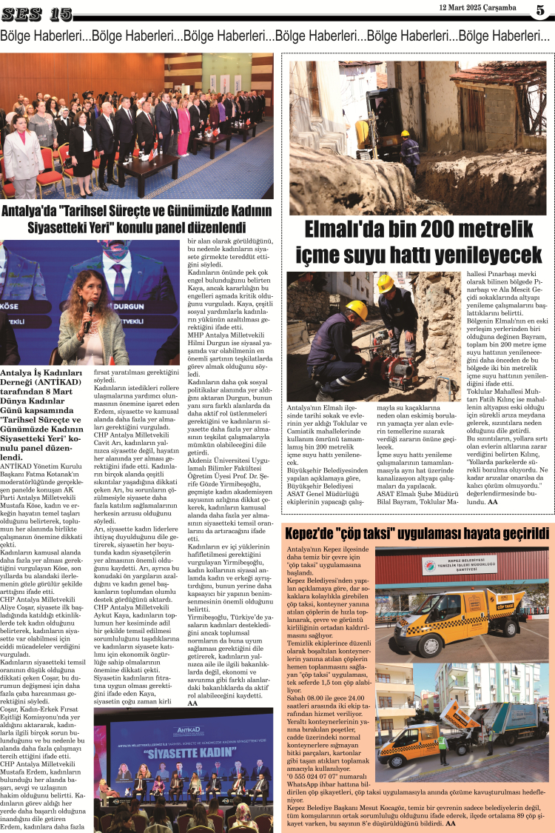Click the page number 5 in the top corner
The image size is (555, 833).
(x=540, y=10)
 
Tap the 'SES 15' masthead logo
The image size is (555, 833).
(x=37, y=13)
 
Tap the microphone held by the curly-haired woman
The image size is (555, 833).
(x=90, y=310)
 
